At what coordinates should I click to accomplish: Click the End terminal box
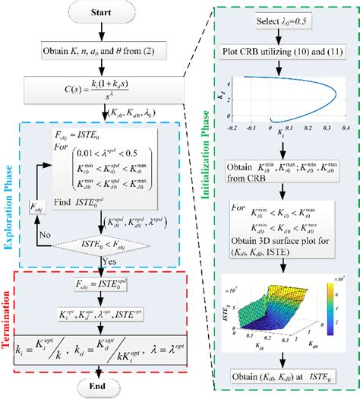click(102, 386)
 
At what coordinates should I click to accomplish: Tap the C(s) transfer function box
click(102, 90)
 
